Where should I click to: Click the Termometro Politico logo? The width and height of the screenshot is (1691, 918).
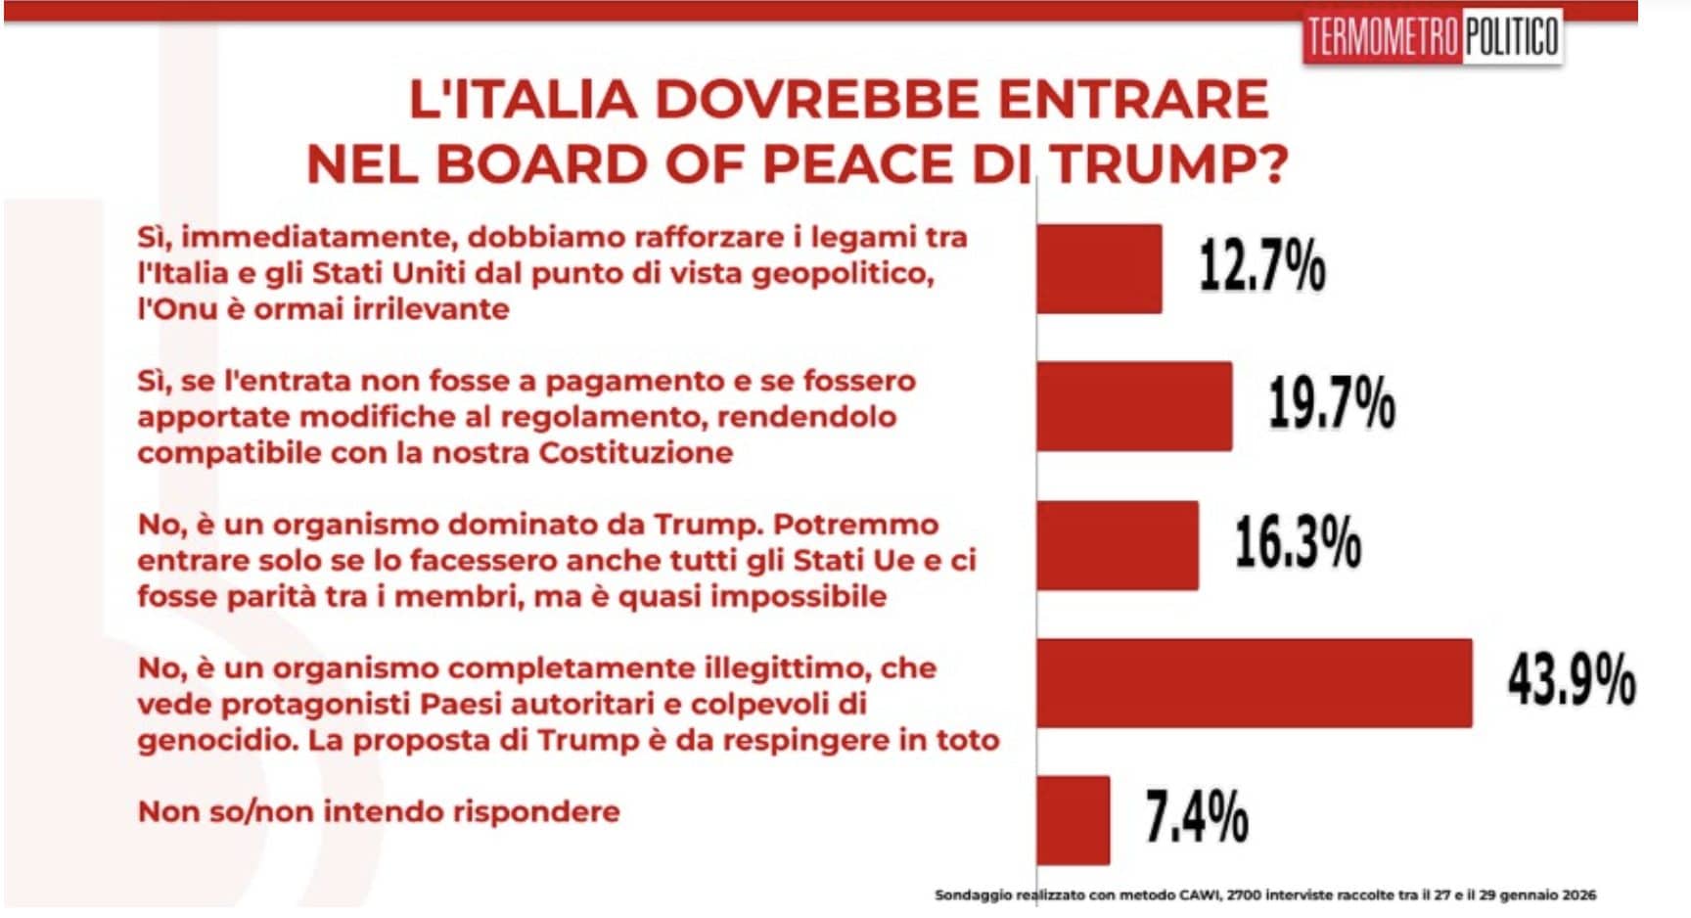[1432, 38]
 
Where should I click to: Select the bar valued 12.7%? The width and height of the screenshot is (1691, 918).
[1099, 268]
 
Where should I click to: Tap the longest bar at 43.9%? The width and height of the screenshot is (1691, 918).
[1254, 683]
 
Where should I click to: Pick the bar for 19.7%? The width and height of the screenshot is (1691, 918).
[1134, 406]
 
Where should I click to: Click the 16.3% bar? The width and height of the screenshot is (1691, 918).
[1118, 545]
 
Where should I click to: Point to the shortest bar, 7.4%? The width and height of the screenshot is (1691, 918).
[1074, 820]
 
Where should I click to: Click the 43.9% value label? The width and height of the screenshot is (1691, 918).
[1571, 681]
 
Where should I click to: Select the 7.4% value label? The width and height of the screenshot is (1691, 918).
[1197, 818]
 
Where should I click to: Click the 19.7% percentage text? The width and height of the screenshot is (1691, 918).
[1332, 404]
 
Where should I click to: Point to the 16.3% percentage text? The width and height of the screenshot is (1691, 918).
[1298, 543]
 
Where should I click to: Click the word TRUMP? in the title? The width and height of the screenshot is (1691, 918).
[1170, 164]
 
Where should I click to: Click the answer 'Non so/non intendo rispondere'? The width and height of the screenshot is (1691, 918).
[379, 811]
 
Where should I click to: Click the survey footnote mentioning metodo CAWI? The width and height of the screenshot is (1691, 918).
[1264, 895]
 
